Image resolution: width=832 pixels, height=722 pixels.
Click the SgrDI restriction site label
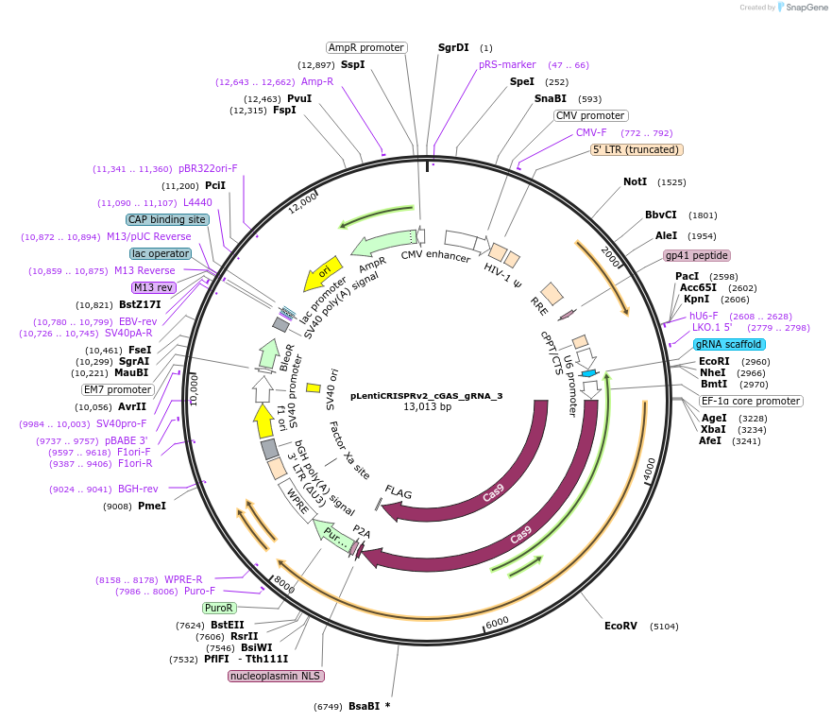453,47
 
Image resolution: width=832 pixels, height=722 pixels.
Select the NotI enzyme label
635,181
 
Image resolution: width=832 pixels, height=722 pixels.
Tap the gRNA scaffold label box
729,344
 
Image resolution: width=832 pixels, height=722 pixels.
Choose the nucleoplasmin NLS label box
276,676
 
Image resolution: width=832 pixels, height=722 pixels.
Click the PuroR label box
219,608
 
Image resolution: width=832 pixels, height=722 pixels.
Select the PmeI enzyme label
152,506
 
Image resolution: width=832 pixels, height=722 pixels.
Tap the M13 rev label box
155,287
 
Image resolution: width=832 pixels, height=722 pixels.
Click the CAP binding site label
167,219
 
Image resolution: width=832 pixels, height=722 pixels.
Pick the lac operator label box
161,253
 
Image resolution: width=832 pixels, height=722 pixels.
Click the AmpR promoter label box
366,47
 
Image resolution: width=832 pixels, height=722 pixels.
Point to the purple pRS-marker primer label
507,64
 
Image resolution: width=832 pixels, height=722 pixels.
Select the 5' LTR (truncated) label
637,149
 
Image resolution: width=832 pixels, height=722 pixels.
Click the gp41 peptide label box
697,255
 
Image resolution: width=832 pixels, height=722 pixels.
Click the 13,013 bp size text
427,407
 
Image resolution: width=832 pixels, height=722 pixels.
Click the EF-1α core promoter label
751,401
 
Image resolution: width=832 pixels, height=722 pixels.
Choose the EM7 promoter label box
117,389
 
